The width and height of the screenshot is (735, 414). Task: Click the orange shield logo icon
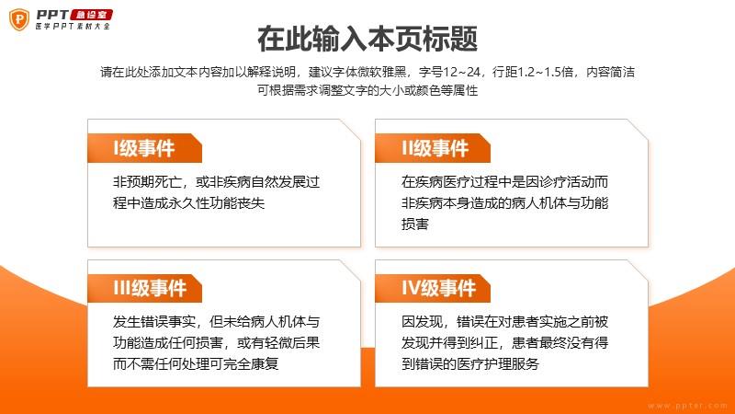pos(19,19)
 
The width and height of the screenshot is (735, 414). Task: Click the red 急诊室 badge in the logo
pos(91,15)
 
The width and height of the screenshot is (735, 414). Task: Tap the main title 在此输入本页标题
pos(367,39)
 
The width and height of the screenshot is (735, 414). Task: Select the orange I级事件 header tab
pos(144,148)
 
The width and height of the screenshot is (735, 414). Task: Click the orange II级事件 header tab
pos(433,148)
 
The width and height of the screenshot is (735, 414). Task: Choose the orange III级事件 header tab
pos(144,288)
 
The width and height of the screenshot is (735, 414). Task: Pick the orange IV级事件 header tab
pos(433,288)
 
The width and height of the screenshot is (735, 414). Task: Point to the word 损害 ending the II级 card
pos(415,224)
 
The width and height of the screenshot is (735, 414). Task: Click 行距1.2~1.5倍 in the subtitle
pos(533,72)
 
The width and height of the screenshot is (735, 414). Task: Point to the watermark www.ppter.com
pos(687,406)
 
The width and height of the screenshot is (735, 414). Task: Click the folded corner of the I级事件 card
pos(350,130)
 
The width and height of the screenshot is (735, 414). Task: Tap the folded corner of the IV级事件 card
pos(638,270)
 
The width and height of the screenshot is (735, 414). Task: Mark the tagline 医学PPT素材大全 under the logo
pos(73,27)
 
